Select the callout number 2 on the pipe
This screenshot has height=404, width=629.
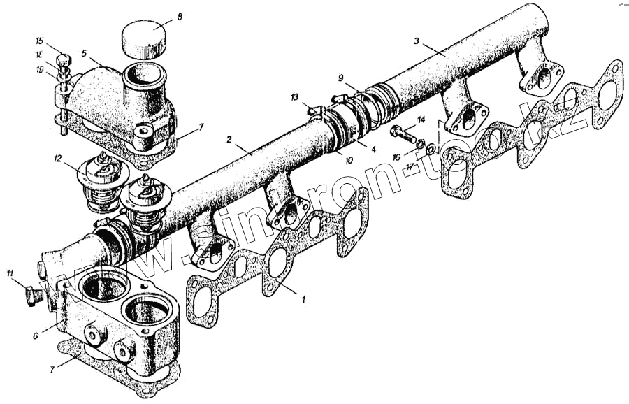229,140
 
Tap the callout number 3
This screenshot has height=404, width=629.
417,41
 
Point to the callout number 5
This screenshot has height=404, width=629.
84,53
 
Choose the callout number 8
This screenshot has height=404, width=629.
179,15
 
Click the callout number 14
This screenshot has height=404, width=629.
421,120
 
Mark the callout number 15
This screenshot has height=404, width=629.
40,41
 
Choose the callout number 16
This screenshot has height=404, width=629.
397,158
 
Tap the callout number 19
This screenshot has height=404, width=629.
40,68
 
